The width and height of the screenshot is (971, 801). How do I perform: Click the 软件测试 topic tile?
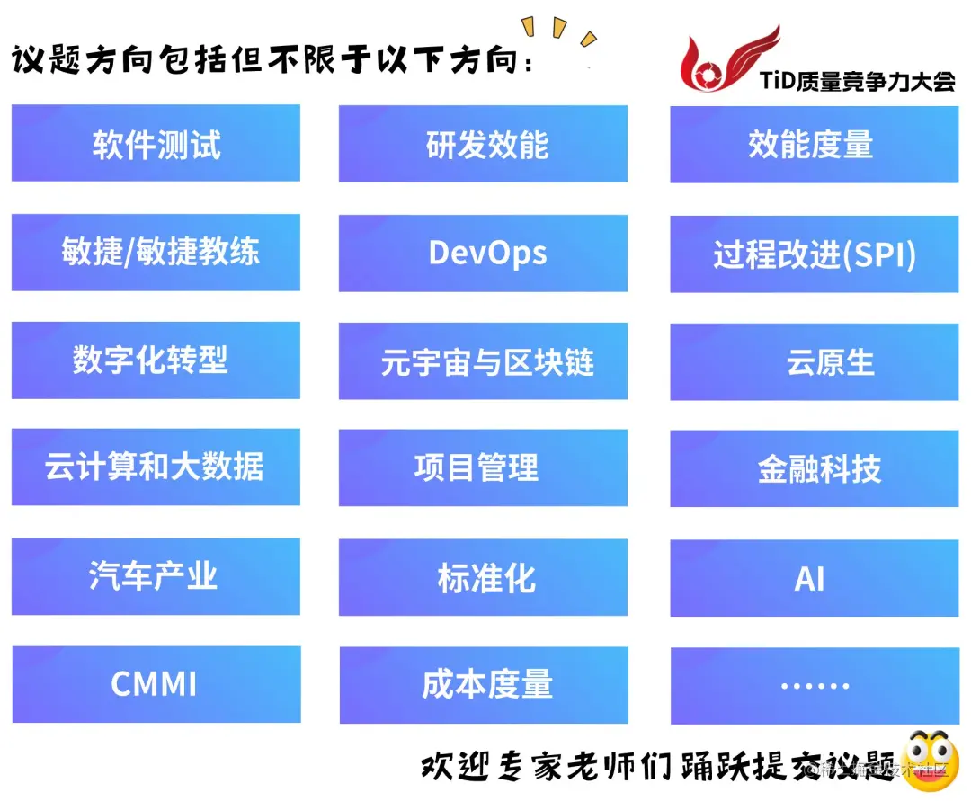pos(156,144)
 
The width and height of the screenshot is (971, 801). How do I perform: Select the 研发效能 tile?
pos(483,145)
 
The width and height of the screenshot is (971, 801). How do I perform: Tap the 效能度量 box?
pos(814,145)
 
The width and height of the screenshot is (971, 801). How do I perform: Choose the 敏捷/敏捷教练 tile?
pos(156,253)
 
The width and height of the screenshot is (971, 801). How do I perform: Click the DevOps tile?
pos(483,254)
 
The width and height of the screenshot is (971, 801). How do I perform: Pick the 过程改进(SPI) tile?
pos(814,254)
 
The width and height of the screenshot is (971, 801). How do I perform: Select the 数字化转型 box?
pos(156,360)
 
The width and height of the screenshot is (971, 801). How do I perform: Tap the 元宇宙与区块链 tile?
pos(483,361)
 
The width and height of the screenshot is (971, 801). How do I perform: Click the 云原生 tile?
pos(814,362)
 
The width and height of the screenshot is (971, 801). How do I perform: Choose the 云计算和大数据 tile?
pos(156,467)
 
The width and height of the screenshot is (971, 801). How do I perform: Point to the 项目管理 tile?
pos(483,468)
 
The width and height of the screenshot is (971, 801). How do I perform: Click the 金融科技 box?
pos(814,469)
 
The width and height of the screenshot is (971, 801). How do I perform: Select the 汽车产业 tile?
pos(156,576)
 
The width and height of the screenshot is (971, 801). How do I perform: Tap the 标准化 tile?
pos(483,578)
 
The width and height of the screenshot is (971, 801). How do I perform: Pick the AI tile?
pos(814,578)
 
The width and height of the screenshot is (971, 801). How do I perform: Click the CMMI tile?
pos(156,684)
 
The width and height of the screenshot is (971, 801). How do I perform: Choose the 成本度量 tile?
pos(483,685)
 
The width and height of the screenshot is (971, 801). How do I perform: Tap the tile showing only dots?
pos(814,686)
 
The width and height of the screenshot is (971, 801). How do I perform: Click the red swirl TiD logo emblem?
pos(718,63)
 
